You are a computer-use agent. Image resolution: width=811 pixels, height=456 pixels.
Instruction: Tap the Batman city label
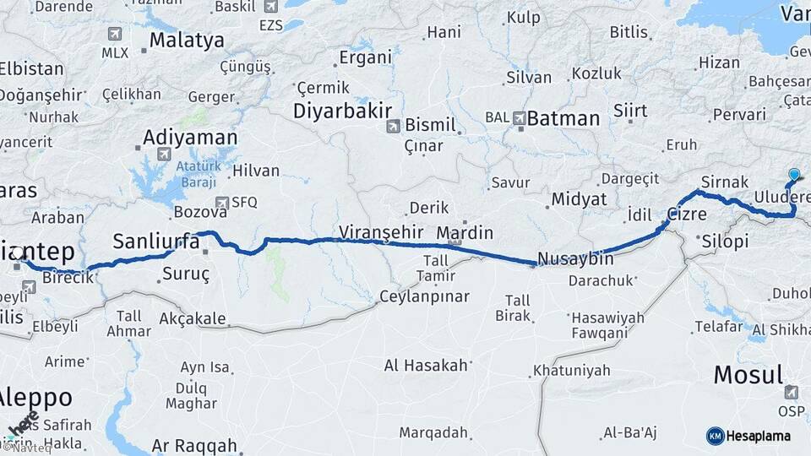(x=563, y=118)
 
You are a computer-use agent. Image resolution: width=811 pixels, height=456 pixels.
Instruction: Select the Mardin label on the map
(x=465, y=232)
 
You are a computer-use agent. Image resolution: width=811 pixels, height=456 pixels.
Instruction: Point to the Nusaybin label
(x=575, y=257)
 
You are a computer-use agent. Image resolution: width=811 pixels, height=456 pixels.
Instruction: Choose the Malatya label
(x=187, y=40)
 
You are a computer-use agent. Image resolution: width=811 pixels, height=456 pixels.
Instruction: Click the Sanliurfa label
(x=156, y=241)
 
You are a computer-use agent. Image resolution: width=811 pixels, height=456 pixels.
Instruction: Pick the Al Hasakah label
(x=426, y=365)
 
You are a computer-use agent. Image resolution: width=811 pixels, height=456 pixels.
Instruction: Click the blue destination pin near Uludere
(x=794, y=176)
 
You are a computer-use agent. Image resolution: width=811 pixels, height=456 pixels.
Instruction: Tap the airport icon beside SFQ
(x=221, y=203)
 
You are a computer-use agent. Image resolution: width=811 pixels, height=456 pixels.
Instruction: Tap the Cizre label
(x=687, y=214)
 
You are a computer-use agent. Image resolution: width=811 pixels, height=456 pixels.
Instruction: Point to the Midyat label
(x=579, y=199)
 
